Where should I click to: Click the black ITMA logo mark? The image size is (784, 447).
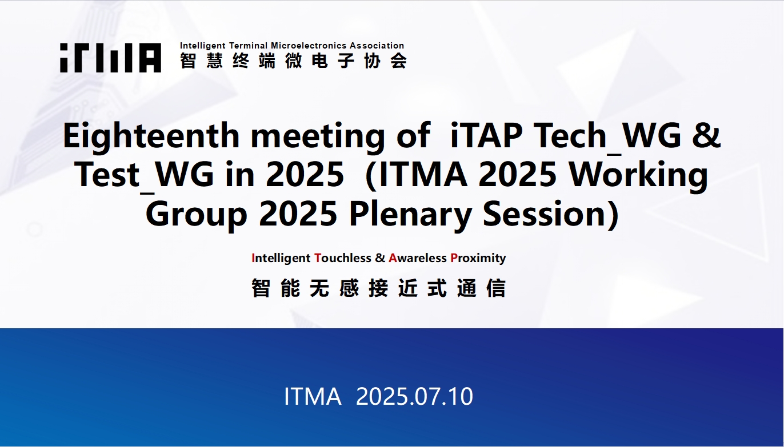point(111,58)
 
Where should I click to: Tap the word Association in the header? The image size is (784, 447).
point(377,46)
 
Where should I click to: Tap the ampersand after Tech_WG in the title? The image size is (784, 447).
point(707,135)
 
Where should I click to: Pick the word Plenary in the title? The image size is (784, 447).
point(410,215)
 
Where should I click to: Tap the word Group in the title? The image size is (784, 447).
point(197,215)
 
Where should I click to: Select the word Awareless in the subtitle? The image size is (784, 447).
point(418,258)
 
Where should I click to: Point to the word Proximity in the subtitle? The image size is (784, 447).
point(478,259)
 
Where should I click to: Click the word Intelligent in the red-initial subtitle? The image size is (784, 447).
point(281,259)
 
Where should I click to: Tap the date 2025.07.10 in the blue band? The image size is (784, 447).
point(414,396)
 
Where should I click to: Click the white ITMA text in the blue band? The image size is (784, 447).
point(313,396)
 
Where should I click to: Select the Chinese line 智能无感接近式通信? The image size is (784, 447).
point(379,288)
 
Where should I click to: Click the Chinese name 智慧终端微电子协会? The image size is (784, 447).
point(293,61)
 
